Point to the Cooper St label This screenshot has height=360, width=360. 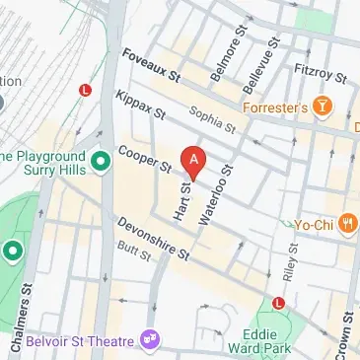point(145,157)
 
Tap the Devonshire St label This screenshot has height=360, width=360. point(152,239)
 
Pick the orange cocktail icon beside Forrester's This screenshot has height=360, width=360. point(322,105)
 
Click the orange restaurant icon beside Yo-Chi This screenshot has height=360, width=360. point(346,225)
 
